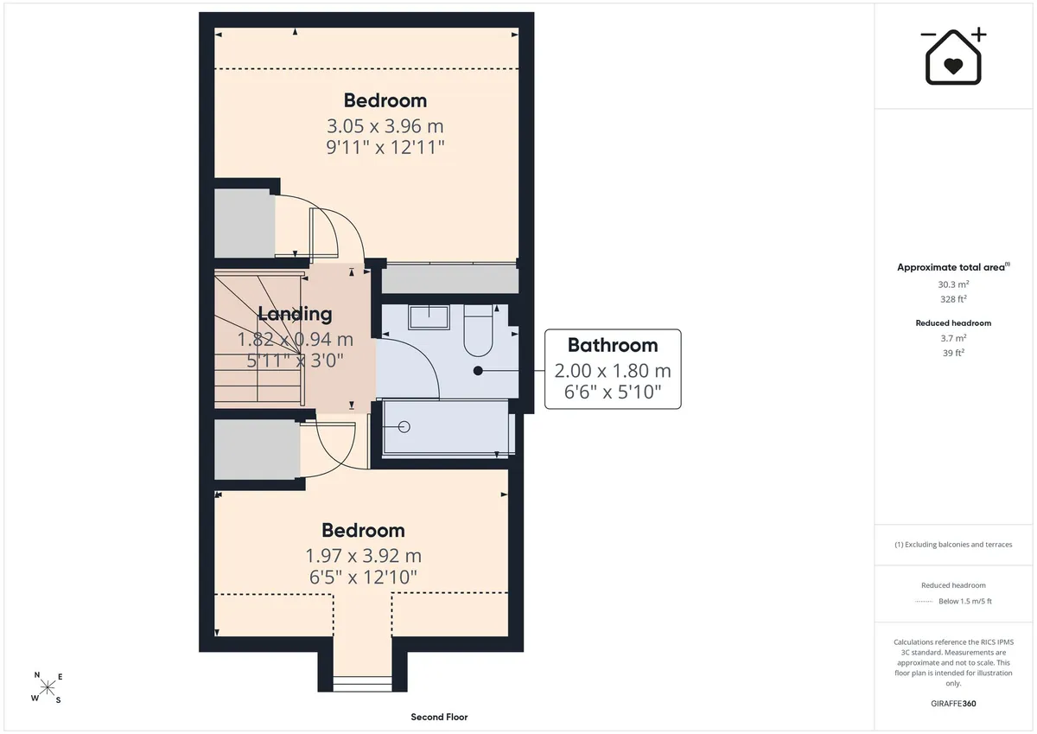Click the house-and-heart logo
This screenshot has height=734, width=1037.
coord(953,56)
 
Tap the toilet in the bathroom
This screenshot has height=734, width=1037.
coord(478,330)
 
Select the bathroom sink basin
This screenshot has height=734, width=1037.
coord(429,316)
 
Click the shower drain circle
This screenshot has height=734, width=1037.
coord(404,426)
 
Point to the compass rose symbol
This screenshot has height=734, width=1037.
coord(48,687)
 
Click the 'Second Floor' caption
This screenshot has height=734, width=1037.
coord(439,717)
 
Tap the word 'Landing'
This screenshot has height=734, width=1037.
coord(295,314)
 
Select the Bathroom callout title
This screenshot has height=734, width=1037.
coord(613,345)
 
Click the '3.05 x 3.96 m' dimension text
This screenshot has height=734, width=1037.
coord(385,126)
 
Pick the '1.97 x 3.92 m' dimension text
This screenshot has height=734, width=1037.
coord(364,555)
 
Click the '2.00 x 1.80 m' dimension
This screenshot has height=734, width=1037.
coord(613,371)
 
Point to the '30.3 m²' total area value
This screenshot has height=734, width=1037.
coord(954,284)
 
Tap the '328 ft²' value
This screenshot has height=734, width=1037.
coord(954,299)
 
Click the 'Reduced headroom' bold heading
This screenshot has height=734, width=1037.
coord(953,323)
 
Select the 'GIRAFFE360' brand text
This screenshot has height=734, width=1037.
coord(953,704)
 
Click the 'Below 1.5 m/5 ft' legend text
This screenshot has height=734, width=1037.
coord(965,601)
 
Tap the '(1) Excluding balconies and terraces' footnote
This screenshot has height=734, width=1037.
coord(953,545)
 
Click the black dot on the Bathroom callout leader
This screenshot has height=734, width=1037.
coord(478,371)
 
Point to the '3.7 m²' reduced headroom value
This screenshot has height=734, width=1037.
coord(954,338)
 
